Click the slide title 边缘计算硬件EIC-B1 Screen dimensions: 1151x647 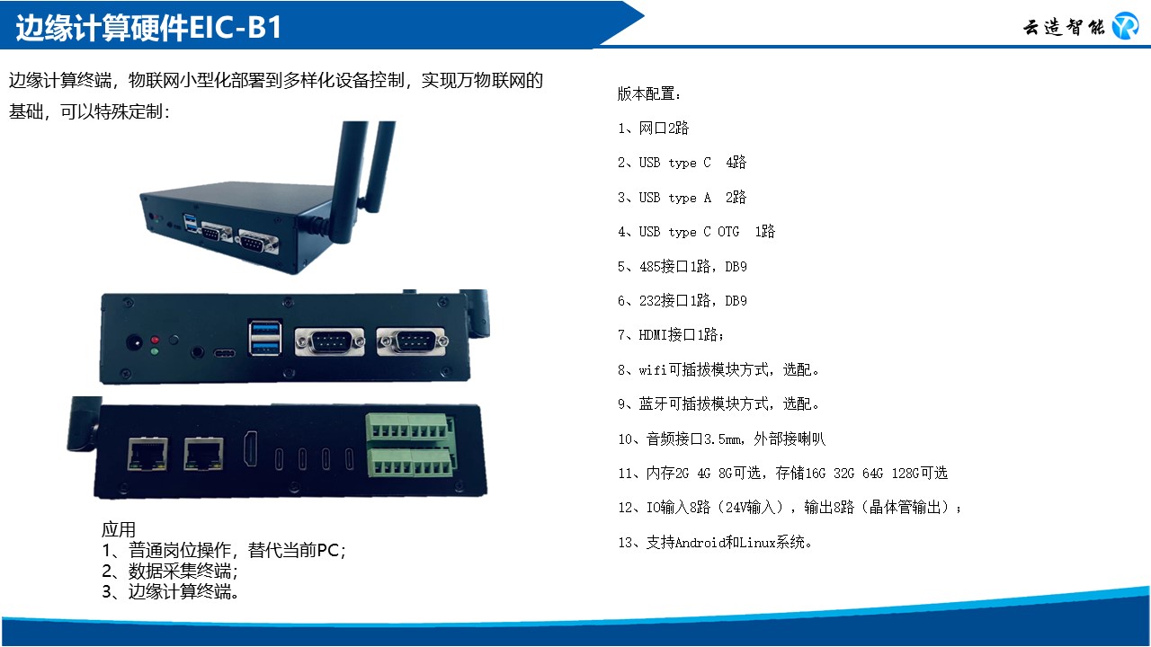pyautogui.click(x=148, y=27)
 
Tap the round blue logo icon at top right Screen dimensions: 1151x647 pyautogui.click(x=1125, y=26)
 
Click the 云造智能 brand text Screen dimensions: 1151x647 pyautogui.click(x=1064, y=27)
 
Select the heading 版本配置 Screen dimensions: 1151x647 pyautogui.click(x=649, y=93)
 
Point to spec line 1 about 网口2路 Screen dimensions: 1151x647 pyautogui.click(x=653, y=128)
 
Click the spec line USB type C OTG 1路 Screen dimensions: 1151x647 pyautogui.click(x=696, y=232)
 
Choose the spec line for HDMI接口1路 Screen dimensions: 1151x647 pyautogui.click(x=671, y=335)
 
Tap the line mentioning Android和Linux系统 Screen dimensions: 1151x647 pyautogui.click(x=715, y=542)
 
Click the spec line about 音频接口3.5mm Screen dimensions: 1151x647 pyautogui.click(x=721, y=439)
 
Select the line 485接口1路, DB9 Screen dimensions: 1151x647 pyautogui.click(x=683, y=266)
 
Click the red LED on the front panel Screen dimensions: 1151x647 pyautogui.click(x=155, y=340)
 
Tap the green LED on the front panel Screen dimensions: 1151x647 pyautogui.click(x=155, y=351)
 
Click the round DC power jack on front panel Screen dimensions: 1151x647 pyautogui.click(x=135, y=342)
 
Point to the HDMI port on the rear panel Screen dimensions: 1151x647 pyautogui.click(x=251, y=448)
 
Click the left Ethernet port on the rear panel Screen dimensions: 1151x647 pyautogui.click(x=147, y=454)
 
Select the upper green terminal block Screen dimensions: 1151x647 pyautogui.click(x=409, y=426)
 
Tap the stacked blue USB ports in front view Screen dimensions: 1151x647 pyautogui.click(x=265, y=337)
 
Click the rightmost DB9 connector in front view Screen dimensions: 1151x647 pyautogui.click(x=412, y=341)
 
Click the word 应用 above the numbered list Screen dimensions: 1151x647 pyautogui.click(x=119, y=529)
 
